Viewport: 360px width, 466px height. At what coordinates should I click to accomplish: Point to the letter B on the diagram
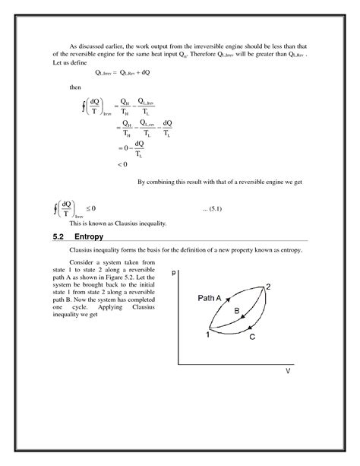(236, 312)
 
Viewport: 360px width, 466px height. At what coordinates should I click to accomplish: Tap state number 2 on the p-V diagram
(268, 287)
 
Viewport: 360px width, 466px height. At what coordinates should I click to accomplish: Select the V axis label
(288, 370)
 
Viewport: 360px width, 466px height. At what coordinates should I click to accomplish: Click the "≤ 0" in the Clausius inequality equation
(90, 208)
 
